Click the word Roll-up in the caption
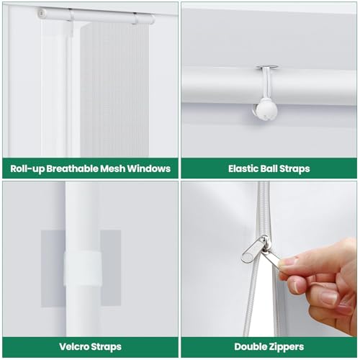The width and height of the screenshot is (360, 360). pos(27,168)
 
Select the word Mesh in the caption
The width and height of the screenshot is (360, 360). pos(113,168)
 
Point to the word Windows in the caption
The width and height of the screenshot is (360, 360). pos(149,168)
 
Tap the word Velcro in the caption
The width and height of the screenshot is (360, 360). pos(73,347)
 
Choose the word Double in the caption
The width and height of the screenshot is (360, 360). pos(250,347)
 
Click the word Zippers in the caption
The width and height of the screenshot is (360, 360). pos(286,347)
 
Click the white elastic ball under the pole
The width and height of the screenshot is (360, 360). pos(266,112)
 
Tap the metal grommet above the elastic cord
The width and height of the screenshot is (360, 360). pos(267,67)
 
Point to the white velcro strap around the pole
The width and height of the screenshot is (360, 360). pos(83,269)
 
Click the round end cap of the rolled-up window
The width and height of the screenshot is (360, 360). pos(42,12)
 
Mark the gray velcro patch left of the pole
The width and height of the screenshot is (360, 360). pos(53,269)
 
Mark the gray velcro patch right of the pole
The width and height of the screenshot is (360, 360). pos(111,269)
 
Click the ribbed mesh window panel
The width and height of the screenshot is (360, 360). pos(114,90)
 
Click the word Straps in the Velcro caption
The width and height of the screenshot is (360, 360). pos(106,347)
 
